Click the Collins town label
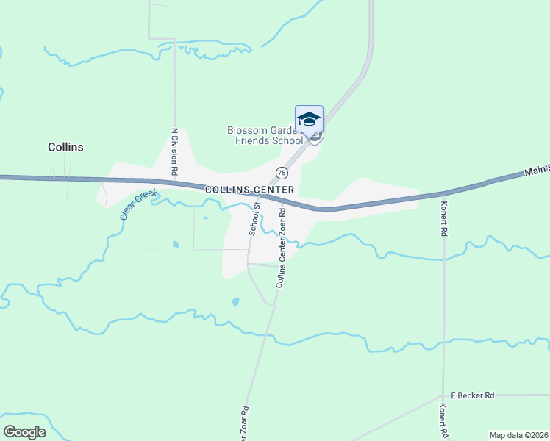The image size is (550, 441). coord(65,147)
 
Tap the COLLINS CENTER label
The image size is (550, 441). coord(250,190)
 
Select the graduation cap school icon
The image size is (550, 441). coord(309,119)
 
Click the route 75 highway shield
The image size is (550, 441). coord(282,173)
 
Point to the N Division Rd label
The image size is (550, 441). coord(175,151)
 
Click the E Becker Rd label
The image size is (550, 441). coord(473,395)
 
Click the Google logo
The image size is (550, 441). coord(24,432)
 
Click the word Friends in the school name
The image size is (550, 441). coord(251,140)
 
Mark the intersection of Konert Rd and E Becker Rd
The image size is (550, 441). coord(443,395)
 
